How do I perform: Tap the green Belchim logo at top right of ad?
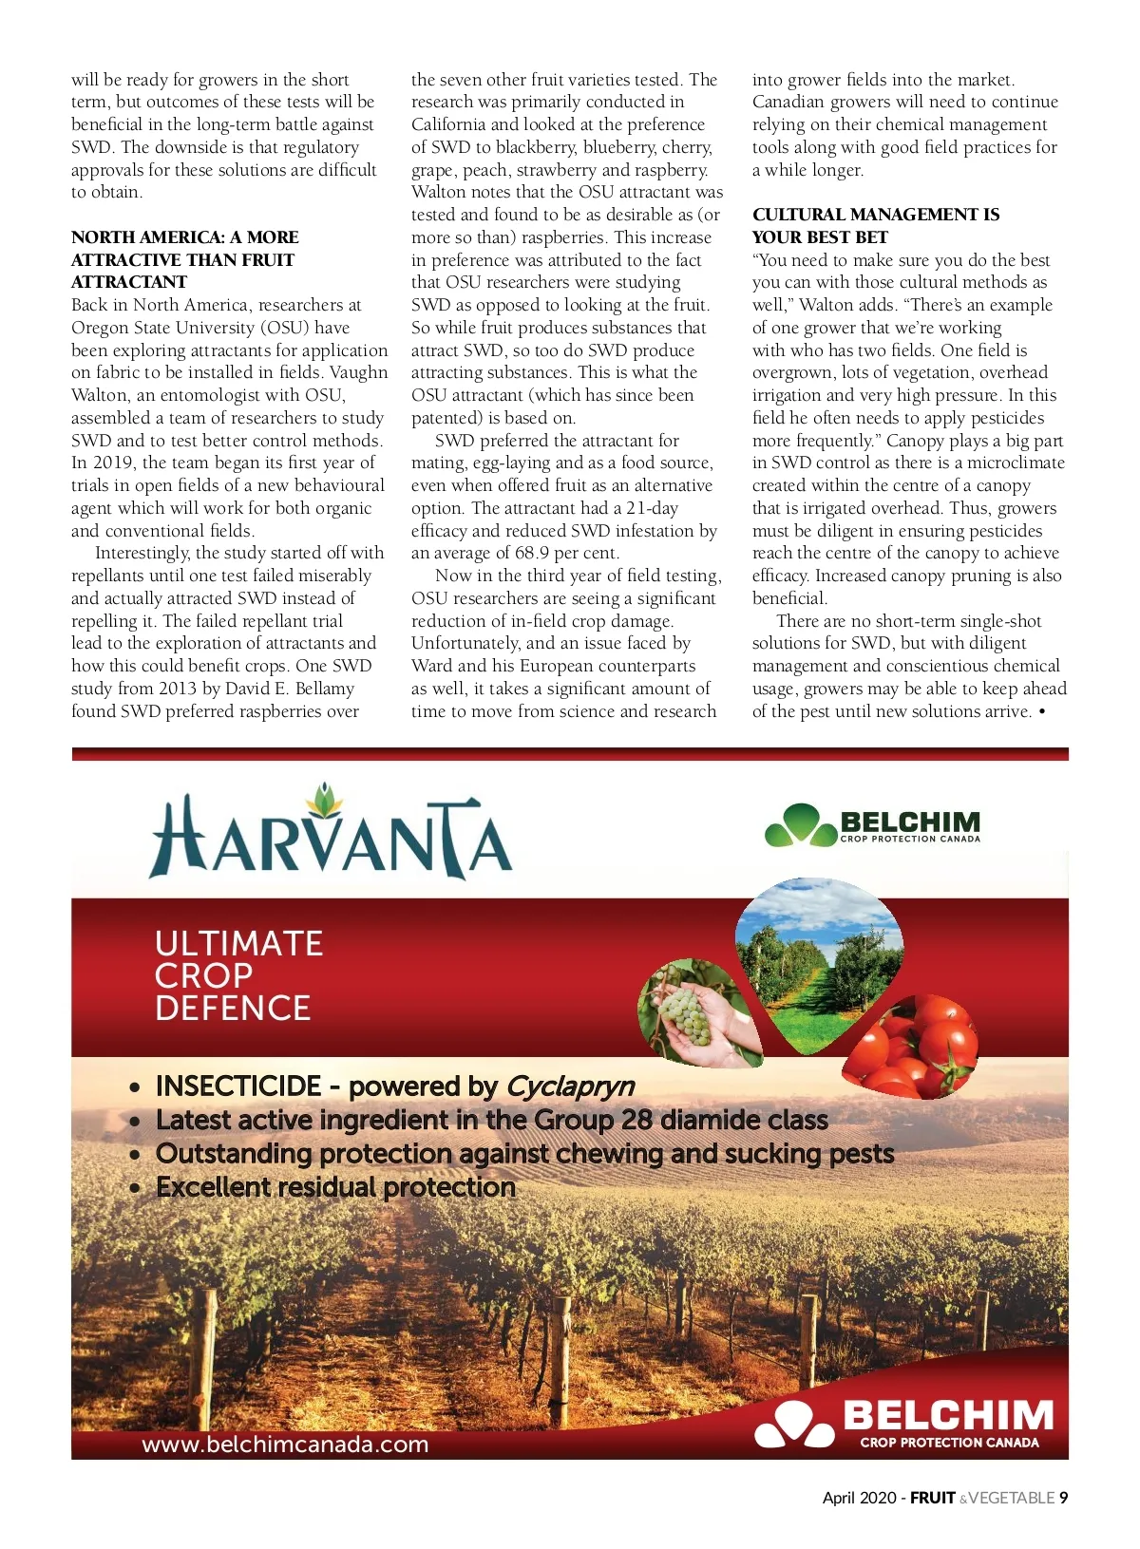(x=872, y=824)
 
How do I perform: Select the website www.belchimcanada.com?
(x=285, y=1445)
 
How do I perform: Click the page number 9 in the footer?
(x=1063, y=1498)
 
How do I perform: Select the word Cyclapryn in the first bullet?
(x=570, y=1086)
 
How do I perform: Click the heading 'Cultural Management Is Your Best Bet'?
(x=875, y=226)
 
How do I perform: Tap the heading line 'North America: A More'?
(x=185, y=237)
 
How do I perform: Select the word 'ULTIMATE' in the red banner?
(x=239, y=943)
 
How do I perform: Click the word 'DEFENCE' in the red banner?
(x=233, y=1008)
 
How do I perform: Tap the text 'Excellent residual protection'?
(x=335, y=1187)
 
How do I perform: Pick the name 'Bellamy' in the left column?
(x=324, y=689)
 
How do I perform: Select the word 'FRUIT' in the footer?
(x=932, y=1498)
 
